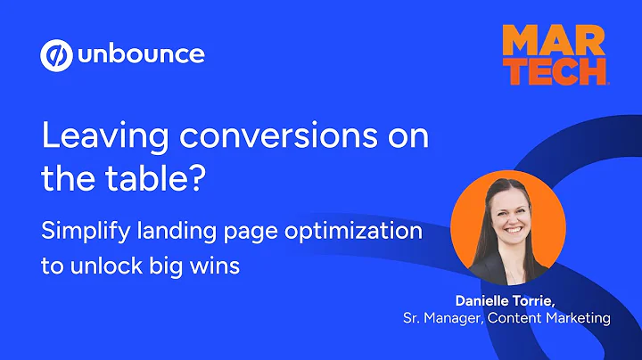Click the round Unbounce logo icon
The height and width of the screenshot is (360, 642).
55,55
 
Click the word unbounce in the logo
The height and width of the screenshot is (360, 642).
141,55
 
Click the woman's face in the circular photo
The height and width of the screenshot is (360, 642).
507,209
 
